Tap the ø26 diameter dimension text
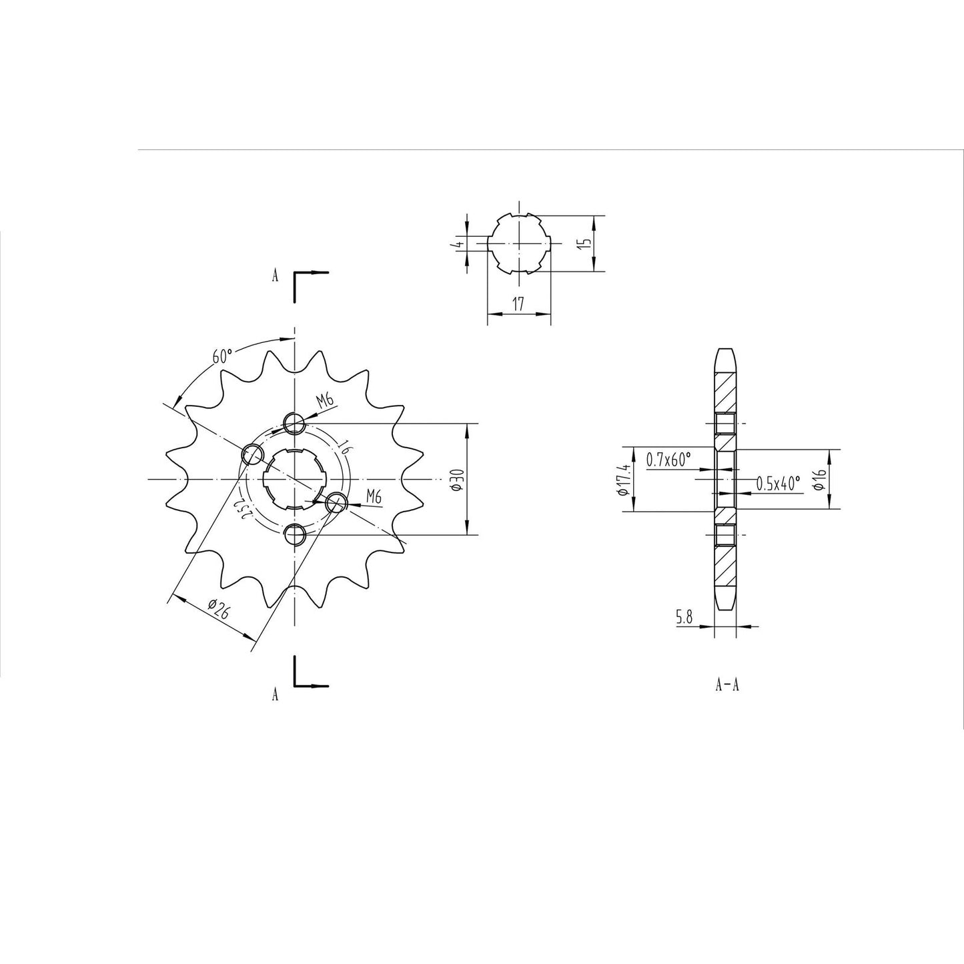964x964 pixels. pyautogui.click(x=218, y=609)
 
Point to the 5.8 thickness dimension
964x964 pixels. pyautogui.click(x=684, y=618)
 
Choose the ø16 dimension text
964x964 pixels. pyautogui.click(x=821, y=480)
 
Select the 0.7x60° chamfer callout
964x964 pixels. pyautogui.click(x=668, y=459)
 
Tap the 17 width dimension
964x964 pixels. pyautogui.click(x=518, y=305)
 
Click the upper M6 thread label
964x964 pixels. pyautogui.click(x=325, y=400)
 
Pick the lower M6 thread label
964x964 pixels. pyautogui.click(x=374, y=496)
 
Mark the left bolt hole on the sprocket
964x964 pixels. pyautogui.click(x=252, y=454)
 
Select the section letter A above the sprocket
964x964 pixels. pyautogui.click(x=275, y=276)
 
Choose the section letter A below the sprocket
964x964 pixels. pyautogui.click(x=275, y=695)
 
